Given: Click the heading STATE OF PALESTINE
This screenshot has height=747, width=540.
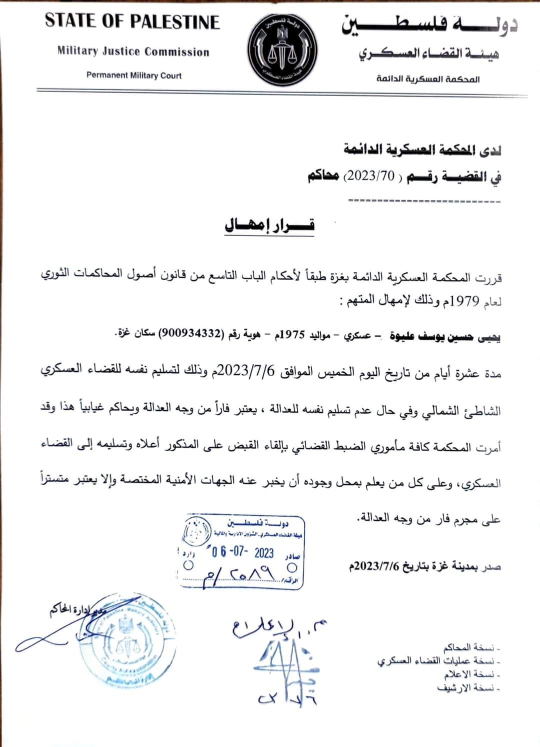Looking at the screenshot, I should coord(132,21).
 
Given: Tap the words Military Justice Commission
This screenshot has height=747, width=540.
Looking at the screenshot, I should coord(133,51).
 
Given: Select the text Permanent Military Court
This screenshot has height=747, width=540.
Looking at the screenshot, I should coord(134,75).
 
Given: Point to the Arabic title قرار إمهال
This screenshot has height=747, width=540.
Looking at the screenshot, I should coord(269,225).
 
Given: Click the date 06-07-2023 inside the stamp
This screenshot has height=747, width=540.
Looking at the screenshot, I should coord(242,552).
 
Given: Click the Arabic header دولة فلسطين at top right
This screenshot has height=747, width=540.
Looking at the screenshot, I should coord(429,25).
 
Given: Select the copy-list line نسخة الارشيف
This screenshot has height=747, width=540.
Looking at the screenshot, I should coord(468,688).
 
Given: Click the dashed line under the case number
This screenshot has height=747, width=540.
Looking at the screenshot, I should coord(424,201).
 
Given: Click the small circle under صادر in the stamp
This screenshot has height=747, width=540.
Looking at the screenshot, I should coord(292,567).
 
